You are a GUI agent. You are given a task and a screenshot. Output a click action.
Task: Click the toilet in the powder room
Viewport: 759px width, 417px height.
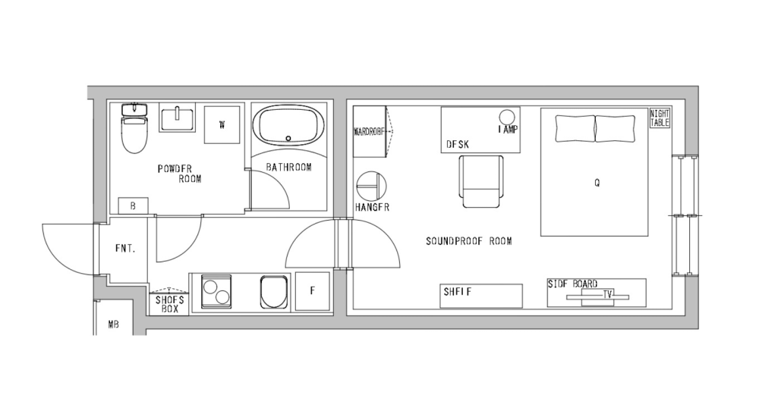(134, 131)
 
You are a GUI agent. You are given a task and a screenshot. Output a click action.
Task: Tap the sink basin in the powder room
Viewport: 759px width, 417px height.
(178, 118)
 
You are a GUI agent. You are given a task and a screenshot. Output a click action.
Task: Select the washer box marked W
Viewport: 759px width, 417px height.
(222, 124)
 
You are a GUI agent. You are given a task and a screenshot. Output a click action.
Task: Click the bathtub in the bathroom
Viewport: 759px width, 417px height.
(288, 125)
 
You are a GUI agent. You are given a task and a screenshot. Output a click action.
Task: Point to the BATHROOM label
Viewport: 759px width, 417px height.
(288, 167)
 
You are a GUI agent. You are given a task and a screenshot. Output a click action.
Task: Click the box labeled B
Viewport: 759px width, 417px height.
(133, 205)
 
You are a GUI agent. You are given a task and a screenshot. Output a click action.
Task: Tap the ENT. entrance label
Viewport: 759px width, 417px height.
(125, 248)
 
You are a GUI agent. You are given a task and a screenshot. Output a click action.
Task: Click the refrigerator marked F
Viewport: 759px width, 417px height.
(312, 291)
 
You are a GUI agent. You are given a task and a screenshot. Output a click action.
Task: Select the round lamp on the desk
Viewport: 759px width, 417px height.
(507, 117)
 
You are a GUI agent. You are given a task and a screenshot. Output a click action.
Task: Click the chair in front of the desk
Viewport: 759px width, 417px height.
(481, 180)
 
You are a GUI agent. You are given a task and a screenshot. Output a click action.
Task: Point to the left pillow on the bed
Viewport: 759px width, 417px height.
(575, 128)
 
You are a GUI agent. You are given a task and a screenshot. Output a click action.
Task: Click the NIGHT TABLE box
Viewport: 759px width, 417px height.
(660, 118)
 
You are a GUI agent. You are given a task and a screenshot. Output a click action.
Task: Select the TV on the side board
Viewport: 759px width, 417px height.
(606, 296)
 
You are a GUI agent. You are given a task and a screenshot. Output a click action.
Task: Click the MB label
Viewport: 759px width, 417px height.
(113, 325)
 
